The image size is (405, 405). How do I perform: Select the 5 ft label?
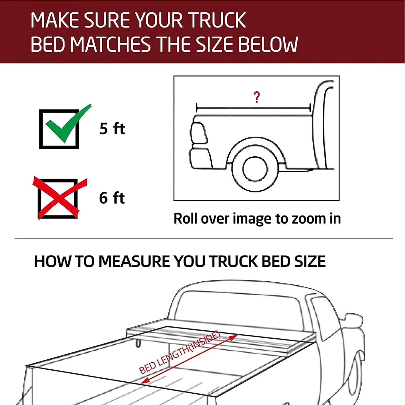[112, 129]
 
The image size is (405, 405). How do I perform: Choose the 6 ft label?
[112, 198]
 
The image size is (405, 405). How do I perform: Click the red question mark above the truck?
[256, 97]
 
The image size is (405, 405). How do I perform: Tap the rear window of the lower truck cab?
[238, 308]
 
